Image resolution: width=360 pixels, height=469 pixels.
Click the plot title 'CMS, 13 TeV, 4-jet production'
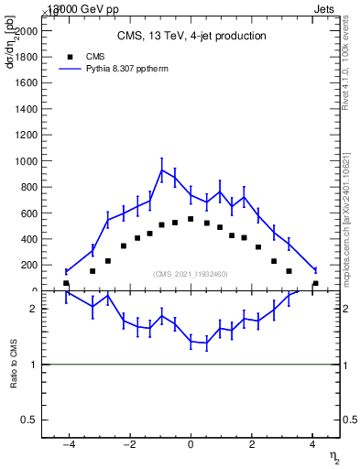click(x=191, y=37)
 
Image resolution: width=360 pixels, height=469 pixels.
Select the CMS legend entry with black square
click(x=82, y=56)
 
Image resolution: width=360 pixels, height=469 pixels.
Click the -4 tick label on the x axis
click(x=69, y=446)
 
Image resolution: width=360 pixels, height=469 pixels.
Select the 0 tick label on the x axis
click(x=191, y=446)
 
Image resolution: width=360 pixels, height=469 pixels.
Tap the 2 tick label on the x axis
click(x=251, y=446)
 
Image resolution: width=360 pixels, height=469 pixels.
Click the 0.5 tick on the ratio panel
click(x=31, y=420)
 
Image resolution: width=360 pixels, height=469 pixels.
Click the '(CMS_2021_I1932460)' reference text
click(x=191, y=274)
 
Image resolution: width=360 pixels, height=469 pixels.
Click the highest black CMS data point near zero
click(x=191, y=219)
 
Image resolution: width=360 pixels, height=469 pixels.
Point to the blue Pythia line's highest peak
click(x=162, y=169)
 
